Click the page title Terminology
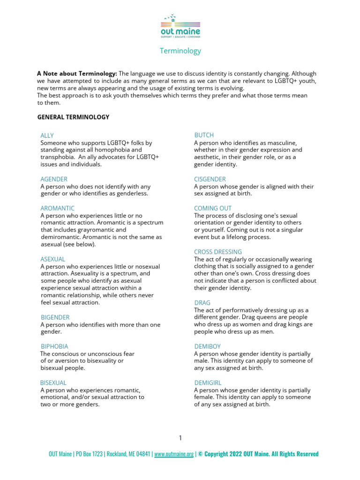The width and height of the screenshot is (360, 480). (x=180, y=51)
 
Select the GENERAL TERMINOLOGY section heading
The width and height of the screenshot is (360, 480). (x=73, y=117)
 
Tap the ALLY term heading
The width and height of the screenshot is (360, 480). (x=47, y=135)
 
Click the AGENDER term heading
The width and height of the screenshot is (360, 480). (x=54, y=179)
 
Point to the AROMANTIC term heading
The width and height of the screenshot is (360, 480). (x=58, y=208)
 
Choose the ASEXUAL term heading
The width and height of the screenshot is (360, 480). (x=53, y=259)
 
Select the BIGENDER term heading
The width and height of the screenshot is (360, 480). (x=55, y=317)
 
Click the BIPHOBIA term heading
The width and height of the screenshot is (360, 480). (x=54, y=346)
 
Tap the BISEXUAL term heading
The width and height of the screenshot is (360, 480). (x=53, y=382)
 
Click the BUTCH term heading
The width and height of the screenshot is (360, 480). (x=204, y=135)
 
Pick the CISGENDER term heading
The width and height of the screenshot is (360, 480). (x=210, y=179)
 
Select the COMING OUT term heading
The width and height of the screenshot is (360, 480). (x=213, y=208)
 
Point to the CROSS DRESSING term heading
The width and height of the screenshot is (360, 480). (x=218, y=252)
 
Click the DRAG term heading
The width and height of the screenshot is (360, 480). (x=202, y=303)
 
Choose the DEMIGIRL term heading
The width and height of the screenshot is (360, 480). (x=208, y=382)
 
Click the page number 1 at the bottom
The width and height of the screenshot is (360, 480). (x=180, y=438)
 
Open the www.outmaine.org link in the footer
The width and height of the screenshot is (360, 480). (x=173, y=454)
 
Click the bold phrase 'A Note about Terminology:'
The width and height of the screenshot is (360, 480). (x=77, y=74)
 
